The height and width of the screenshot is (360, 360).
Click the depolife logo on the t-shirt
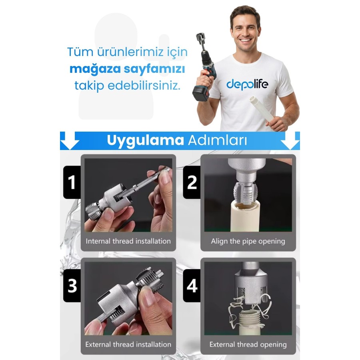coord(247,84)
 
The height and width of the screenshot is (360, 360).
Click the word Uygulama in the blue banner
coord(145,140)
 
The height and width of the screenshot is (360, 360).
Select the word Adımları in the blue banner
coord(218,140)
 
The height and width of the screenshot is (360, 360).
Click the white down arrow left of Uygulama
coord(70,140)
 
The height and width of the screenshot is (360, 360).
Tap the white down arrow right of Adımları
coord(290,140)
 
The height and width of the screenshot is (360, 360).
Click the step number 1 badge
coord(72,182)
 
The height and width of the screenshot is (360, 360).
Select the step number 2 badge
coord(192,182)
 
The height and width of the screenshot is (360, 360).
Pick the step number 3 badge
coord(72,286)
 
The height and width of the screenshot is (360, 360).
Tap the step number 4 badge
coord(192,286)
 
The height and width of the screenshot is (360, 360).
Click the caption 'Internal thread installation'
coord(128,241)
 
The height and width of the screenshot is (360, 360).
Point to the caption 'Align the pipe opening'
coord(248,241)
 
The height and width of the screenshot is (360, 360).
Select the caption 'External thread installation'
coord(128,344)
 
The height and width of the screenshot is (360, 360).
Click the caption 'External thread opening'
coord(248,345)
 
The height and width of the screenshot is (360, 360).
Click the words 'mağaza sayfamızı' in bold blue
coord(127,69)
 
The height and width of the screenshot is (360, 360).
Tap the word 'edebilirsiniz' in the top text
coord(144,86)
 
